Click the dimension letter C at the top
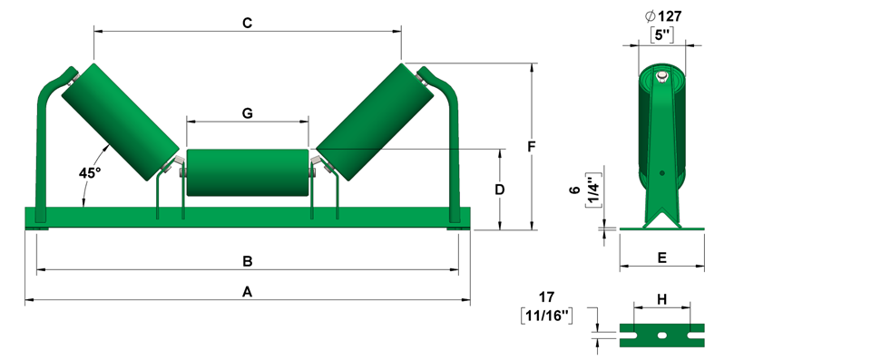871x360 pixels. tap(247, 23)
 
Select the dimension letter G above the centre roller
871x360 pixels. tap(247, 113)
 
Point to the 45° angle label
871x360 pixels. tap(90, 173)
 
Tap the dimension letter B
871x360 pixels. tap(248, 261)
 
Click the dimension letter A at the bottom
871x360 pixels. tap(248, 292)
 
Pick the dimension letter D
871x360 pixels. tap(499, 190)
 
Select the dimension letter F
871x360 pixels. tap(531, 147)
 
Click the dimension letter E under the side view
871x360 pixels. tap(661, 258)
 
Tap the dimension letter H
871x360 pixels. tap(662, 300)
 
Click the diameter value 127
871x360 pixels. tap(670, 16)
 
